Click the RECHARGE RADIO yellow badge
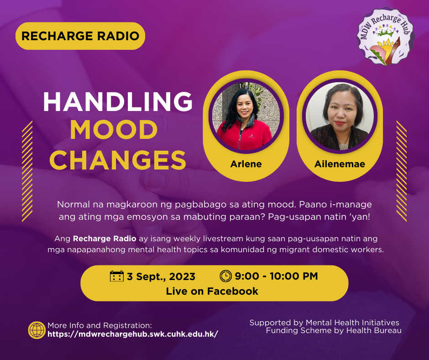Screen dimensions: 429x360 pyautogui.click(x=80, y=36)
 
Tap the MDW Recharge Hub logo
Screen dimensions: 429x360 pyautogui.click(x=386, y=37)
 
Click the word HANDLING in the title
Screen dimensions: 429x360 pyautogui.click(x=118, y=101)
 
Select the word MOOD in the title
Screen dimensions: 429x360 pyautogui.click(x=114, y=130)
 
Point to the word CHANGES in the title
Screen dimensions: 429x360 pyautogui.click(x=118, y=160)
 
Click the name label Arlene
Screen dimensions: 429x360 pyautogui.click(x=246, y=164)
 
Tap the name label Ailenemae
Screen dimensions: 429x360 pyautogui.click(x=340, y=164)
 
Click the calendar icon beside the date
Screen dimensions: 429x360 pyautogui.click(x=117, y=276)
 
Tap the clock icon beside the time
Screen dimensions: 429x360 pyautogui.click(x=226, y=276)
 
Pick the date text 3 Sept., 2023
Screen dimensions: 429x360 pyautogui.click(x=161, y=276)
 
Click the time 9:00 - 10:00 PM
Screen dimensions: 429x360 pyautogui.click(x=276, y=276)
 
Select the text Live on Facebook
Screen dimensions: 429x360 pyautogui.click(x=212, y=291)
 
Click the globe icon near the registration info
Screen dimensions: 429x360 pyautogui.click(x=37, y=330)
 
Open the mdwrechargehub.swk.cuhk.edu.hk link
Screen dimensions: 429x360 pyautogui.click(x=133, y=334)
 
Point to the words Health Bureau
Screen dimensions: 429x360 pyautogui.click(x=374, y=331)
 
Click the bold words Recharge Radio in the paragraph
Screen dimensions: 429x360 pyautogui.click(x=105, y=238)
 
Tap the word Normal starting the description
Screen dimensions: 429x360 pyautogui.click(x=73, y=204)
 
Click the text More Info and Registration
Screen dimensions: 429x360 pyautogui.click(x=99, y=325)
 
